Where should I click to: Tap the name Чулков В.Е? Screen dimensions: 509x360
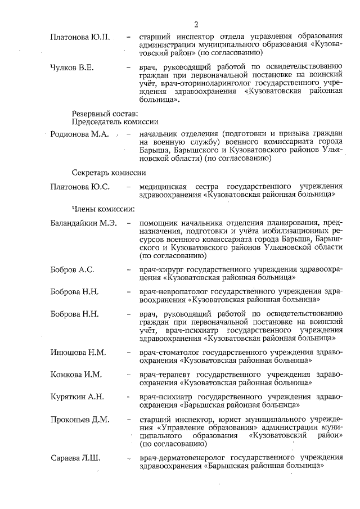(71, 68)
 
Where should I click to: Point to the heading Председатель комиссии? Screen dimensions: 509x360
(115, 122)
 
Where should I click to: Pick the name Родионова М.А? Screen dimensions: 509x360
(80, 134)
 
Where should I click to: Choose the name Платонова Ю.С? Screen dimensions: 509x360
(80, 186)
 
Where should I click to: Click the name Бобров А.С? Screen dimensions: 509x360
(72, 269)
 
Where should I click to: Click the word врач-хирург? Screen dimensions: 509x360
(162, 269)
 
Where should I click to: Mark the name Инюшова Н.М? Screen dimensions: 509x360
(78, 353)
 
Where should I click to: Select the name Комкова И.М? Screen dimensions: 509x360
(76, 375)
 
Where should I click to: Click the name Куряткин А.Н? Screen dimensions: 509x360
(77, 397)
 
